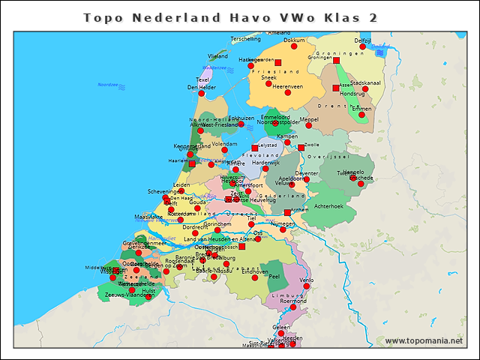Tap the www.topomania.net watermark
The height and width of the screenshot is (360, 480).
[424, 341]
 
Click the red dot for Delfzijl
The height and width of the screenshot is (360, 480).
[363, 47]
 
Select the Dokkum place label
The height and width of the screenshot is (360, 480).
[295, 40]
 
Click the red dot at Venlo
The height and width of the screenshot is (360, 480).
[306, 286]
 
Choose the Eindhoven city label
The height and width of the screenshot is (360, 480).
[254, 272]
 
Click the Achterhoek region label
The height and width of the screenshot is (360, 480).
[328, 205]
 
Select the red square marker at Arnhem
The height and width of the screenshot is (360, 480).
[286, 212]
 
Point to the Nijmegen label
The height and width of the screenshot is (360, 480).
[282, 223]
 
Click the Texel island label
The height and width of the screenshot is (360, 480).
[202, 79]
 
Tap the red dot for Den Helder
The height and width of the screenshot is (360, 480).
[201, 94]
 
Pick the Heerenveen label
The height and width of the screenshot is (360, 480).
[287, 86]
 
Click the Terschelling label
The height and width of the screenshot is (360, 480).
[246, 38]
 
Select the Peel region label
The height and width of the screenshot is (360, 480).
[274, 277]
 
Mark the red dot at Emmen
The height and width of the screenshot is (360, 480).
[361, 115]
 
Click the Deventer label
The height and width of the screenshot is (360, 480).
[306, 173]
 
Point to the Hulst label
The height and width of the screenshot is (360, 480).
[148, 290]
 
